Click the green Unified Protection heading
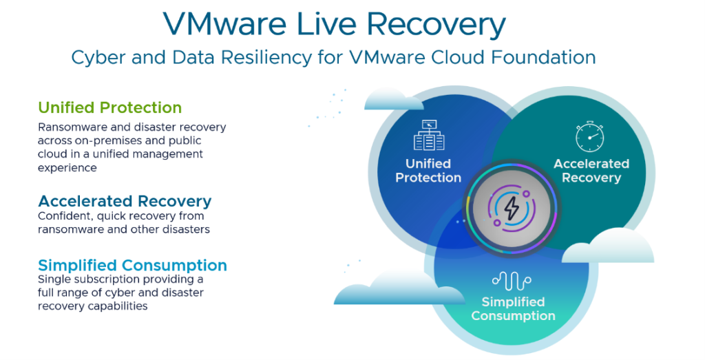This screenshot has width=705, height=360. tap(110, 107)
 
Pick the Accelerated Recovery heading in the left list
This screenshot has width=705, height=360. tap(125, 201)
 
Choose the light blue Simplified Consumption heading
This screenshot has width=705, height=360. tap(132, 265)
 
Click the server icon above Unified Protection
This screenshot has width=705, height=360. tap(429, 136)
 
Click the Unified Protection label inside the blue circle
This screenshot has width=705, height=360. tap(428, 171)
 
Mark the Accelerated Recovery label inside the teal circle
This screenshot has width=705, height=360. tap(591, 171)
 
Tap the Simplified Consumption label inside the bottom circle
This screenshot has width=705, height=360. tap(513, 309)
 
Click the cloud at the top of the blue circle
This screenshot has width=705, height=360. tap(392, 99)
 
